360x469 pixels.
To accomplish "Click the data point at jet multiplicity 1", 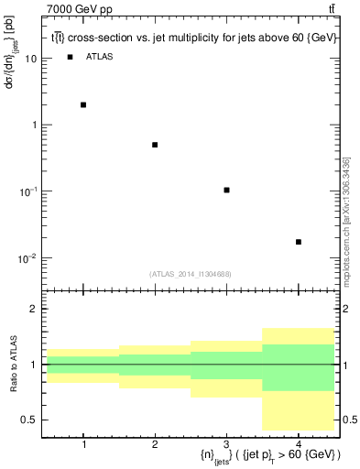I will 83,104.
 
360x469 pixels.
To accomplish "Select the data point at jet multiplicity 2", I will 155,145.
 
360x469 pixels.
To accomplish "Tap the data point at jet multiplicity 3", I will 226,190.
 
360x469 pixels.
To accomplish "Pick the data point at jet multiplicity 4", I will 299,242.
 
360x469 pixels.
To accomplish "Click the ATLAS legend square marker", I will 71,57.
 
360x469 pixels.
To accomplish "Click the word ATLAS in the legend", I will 100,57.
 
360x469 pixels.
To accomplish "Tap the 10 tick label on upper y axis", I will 31,59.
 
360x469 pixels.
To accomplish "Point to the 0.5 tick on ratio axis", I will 32,420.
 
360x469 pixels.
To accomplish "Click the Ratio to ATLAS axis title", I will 11,364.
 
